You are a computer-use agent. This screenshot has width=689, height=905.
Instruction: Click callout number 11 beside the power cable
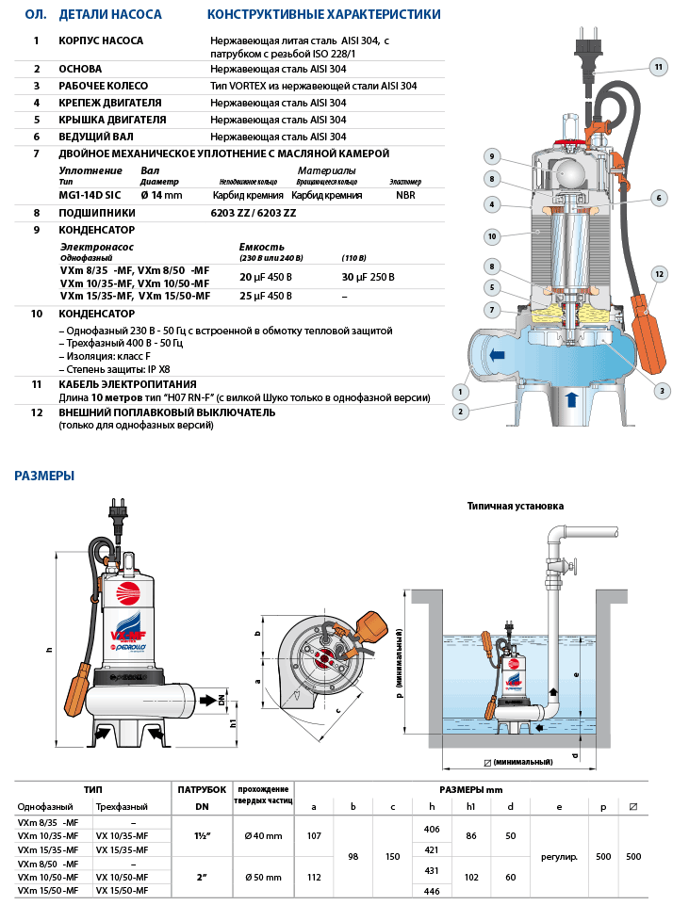coord(658,66)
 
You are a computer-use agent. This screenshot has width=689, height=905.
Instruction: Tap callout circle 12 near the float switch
coord(659,273)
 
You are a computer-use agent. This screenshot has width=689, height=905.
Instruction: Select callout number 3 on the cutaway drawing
coord(662,391)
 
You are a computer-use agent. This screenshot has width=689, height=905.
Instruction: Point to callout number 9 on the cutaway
coord(491,156)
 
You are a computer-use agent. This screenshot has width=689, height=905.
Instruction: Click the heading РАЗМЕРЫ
coord(44,476)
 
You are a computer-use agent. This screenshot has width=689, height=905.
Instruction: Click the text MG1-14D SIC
coord(90,195)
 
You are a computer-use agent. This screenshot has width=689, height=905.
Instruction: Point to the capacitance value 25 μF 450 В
coord(266,297)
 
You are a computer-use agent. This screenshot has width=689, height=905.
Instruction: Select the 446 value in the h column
coord(432,890)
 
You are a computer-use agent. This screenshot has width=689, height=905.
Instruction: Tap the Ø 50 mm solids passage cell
coord(263,877)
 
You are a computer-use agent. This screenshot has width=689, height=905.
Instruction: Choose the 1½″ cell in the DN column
coord(203,835)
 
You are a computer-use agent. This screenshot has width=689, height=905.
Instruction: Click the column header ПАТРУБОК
coord(202,788)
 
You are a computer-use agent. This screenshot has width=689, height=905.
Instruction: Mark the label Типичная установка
coord(515,506)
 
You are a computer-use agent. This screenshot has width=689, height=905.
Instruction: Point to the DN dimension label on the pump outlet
coord(221,701)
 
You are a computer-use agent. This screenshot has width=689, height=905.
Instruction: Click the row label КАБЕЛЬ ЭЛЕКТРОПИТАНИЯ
coord(127,384)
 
